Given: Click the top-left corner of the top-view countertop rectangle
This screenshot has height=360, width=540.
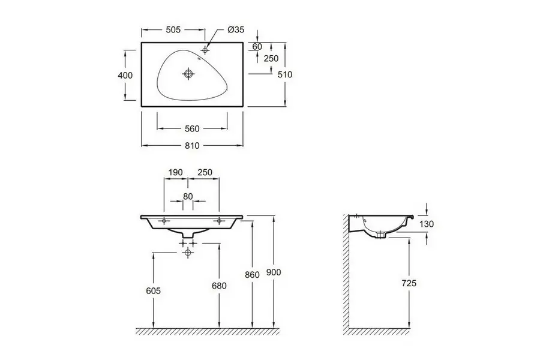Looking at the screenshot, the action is point(142,43).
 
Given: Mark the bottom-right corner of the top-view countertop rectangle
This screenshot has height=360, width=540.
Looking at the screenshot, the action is point(243,106).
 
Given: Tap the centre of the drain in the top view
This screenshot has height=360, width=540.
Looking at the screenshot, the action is point(188,73).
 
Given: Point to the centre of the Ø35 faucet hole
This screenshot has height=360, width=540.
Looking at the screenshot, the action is point(205,50).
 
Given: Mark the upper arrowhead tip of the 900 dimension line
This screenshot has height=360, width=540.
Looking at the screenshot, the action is point(274,215).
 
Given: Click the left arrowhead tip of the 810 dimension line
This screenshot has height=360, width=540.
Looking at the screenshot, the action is point(142,145).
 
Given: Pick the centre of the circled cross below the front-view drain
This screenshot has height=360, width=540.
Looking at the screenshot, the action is point(188,253).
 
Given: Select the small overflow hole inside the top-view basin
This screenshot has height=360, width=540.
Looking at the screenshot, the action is point(199,58).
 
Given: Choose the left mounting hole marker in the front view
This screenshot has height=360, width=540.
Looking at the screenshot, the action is point(164,220).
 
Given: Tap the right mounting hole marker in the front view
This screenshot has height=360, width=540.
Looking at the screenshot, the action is point(218,220).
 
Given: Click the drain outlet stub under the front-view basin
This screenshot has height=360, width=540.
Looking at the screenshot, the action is point(188,234).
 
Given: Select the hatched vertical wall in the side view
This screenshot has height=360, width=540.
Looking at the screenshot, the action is point(346,274).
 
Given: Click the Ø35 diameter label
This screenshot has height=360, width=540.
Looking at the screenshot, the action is point(236,29).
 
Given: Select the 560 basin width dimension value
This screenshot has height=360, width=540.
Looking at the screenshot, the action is point(192,128).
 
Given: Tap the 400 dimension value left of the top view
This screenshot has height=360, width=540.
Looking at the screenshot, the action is point(125,75).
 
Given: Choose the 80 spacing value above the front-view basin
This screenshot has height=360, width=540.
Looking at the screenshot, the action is point(188,196).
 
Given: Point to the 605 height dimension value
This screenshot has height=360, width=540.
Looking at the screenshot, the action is point(153,291).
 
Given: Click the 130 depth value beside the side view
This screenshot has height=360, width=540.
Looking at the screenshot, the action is point(427,224).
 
